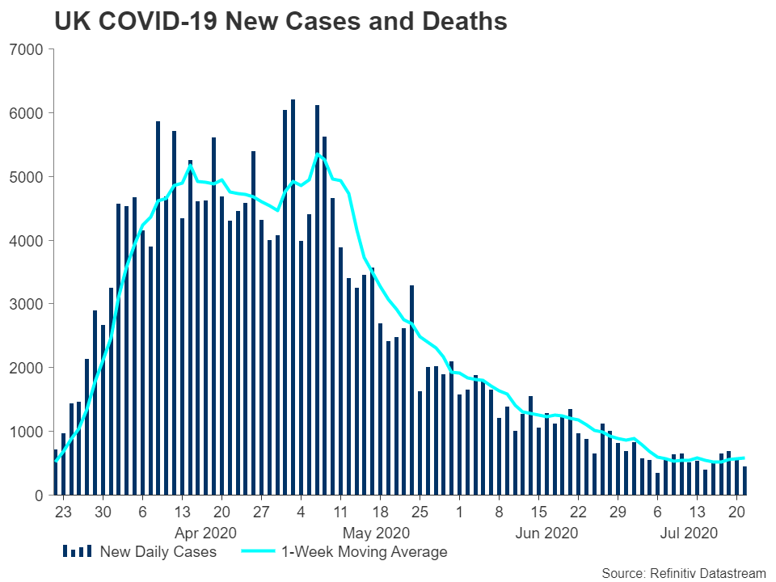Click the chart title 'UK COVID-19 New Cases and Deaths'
[x=280, y=22]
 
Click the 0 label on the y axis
[x=36, y=496]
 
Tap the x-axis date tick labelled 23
[x=63, y=512]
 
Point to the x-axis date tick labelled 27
[x=260, y=512]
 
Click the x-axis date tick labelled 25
[x=419, y=512]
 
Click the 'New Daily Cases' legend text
[x=158, y=552]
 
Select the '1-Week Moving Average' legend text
[x=364, y=552]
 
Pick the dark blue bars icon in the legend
[x=78, y=552]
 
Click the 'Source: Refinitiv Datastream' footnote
[x=683, y=573]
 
